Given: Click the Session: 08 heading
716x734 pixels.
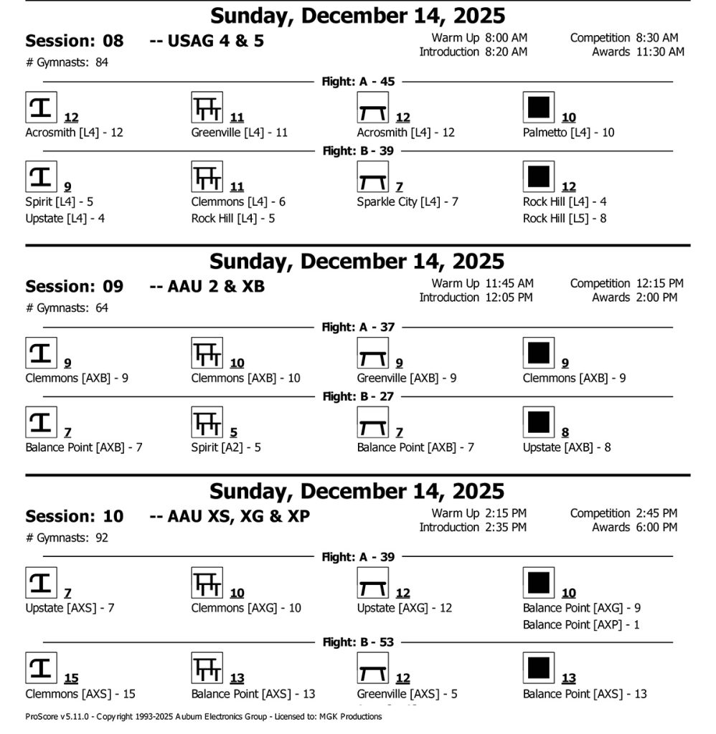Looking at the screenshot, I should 74,41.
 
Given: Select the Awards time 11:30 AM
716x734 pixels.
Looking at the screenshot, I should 660,52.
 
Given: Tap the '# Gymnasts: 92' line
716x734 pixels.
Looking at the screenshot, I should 67,537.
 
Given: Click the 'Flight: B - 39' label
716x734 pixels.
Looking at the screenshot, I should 358,151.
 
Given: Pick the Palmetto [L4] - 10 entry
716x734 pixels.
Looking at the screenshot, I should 568,133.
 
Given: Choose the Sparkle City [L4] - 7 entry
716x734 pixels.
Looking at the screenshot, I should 408,202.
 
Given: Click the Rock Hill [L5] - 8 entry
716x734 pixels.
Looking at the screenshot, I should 565,219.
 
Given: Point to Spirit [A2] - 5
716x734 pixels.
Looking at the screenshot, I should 226,448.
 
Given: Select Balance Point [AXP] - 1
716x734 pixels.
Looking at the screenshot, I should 581,625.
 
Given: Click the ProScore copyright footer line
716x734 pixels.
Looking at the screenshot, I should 203,716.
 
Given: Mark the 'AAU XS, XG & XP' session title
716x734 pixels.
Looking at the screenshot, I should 238,516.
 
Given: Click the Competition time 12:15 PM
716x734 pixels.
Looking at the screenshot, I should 659,284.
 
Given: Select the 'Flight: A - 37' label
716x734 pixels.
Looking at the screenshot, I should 358,328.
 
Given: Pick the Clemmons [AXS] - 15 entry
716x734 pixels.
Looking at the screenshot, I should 80,694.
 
